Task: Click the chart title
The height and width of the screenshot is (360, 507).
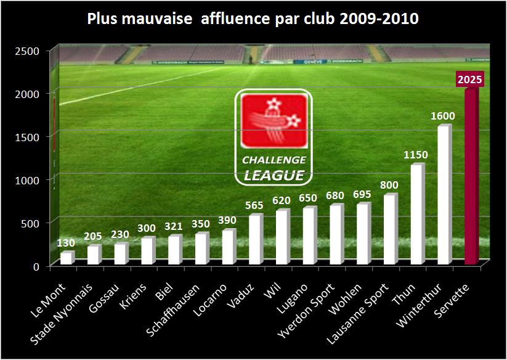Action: pyautogui.click(x=253, y=18)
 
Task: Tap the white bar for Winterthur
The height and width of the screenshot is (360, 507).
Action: pyautogui.click(x=444, y=196)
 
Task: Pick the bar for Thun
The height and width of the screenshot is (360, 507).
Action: pyautogui.click(x=417, y=215)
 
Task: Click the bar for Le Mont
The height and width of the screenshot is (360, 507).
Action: pyautogui.click(x=66, y=259)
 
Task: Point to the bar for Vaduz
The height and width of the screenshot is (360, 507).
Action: pyautogui.click(x=254, y=240)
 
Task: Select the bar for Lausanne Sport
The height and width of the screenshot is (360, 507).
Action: pyautogui.click(x=390, y=230)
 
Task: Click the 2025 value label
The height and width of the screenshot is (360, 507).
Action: pyautogui.click(x=470, y=80)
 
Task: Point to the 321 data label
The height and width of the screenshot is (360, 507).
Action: pyautogui.click(x=174, y=226)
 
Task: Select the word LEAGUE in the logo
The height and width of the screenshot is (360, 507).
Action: pyautogui.click(x=274, y=175)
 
